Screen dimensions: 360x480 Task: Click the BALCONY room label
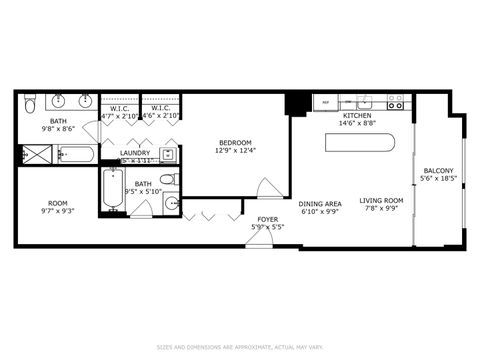point(439,170)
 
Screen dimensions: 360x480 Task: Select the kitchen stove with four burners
point(396,102)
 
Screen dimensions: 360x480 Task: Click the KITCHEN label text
point(357,116)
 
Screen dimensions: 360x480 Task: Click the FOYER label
point(268,219)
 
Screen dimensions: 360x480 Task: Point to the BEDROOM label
point(235,142)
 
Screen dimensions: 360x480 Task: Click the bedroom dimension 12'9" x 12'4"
point(235,151)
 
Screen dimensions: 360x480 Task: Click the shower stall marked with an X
point(37,155)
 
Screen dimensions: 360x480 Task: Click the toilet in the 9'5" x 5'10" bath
point(170,180)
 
